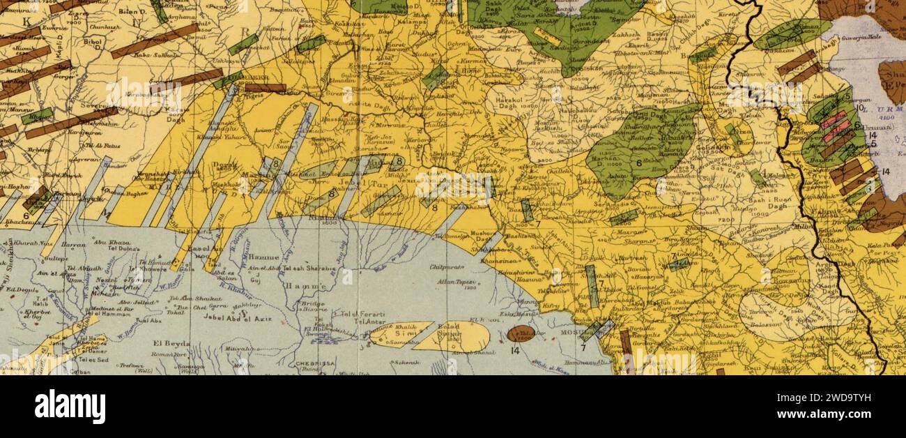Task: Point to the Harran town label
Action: tap(72, 245)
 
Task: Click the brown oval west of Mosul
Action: tap(521, 333)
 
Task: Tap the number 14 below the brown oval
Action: tap(516, 351)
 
